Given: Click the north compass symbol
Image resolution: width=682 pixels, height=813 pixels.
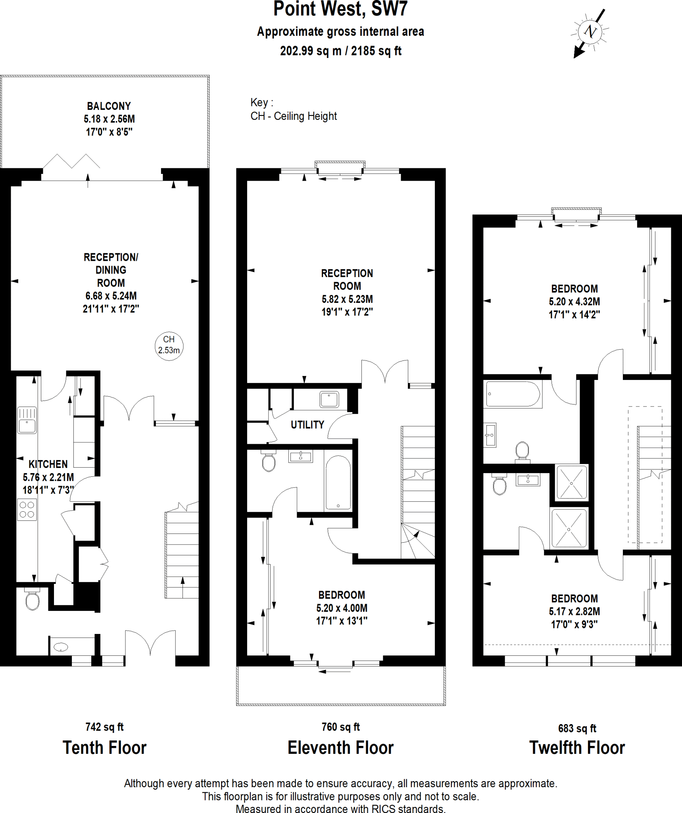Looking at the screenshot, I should [x=590, y=32].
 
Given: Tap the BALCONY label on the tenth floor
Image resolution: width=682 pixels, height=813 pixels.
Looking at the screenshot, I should [x=109, y=106].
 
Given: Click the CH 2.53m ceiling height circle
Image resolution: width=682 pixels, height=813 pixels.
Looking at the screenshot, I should [x=169, y=345].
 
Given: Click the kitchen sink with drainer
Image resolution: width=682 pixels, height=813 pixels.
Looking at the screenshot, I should [x=27, y=420].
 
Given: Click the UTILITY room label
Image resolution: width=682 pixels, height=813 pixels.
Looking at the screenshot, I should [x=307, y=425].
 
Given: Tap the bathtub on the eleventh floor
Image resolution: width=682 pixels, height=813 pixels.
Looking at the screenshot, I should [x=338, y=483].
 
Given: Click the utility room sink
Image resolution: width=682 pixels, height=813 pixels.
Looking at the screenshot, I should [x=329, y=399].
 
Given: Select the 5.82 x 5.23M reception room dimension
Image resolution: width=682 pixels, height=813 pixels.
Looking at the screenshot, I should [x=347, y=299].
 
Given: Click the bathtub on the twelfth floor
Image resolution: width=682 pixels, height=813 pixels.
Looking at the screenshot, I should [x=513, y=394].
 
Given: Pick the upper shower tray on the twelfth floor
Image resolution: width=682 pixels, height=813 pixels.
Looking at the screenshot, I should [x=571, y=482].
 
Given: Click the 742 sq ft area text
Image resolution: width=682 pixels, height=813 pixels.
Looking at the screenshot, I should [x=104, y=727].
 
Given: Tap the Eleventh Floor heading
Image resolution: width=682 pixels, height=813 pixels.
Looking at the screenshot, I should [x=340, y=748].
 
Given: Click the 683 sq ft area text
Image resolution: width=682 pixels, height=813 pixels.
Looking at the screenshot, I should [x=577, y=728].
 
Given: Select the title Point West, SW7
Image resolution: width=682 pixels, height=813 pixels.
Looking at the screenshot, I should [x=340, y=10].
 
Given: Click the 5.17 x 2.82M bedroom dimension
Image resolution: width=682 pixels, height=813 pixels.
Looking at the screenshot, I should [x=574, y=611].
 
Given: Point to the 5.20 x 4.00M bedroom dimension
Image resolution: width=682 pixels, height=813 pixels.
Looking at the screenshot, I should [x=342, y=608].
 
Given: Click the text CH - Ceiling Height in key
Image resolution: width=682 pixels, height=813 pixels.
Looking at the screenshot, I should [x=294, y=116].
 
